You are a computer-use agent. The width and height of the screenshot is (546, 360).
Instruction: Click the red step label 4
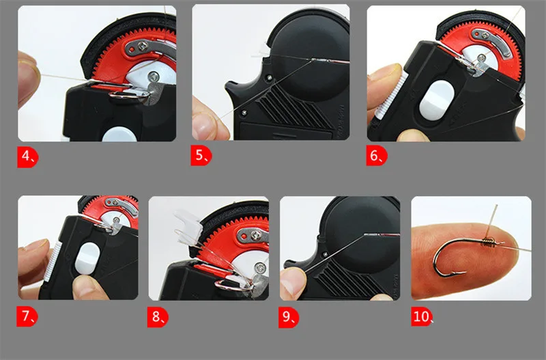tap(28, 156)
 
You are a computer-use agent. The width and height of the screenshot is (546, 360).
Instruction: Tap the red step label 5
tap(201, 156)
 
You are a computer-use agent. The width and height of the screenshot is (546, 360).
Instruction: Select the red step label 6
tap(377, 156)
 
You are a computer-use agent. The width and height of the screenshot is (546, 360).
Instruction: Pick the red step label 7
tap(28, 316)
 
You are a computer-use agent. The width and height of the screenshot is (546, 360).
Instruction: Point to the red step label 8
tap(158, 317)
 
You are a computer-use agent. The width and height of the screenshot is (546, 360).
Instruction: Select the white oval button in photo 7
tap(87, 258)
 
